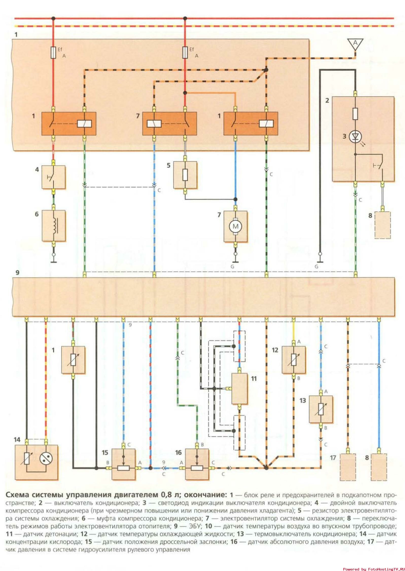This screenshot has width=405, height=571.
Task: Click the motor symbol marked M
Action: [235, 226]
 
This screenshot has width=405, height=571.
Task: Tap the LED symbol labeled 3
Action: [355, 137]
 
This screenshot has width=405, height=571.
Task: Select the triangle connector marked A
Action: [355, 44]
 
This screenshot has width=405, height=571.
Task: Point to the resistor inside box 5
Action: [185, 175]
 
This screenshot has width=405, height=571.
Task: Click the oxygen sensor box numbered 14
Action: [36, 462]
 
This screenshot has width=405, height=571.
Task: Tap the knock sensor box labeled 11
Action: [239, 388]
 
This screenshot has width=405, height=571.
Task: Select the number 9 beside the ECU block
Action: [17, 273]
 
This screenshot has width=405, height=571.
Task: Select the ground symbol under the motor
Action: [235, 260]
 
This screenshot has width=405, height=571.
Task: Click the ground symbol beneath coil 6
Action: [54, 260]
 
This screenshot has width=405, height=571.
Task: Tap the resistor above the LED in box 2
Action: [355, 114]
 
